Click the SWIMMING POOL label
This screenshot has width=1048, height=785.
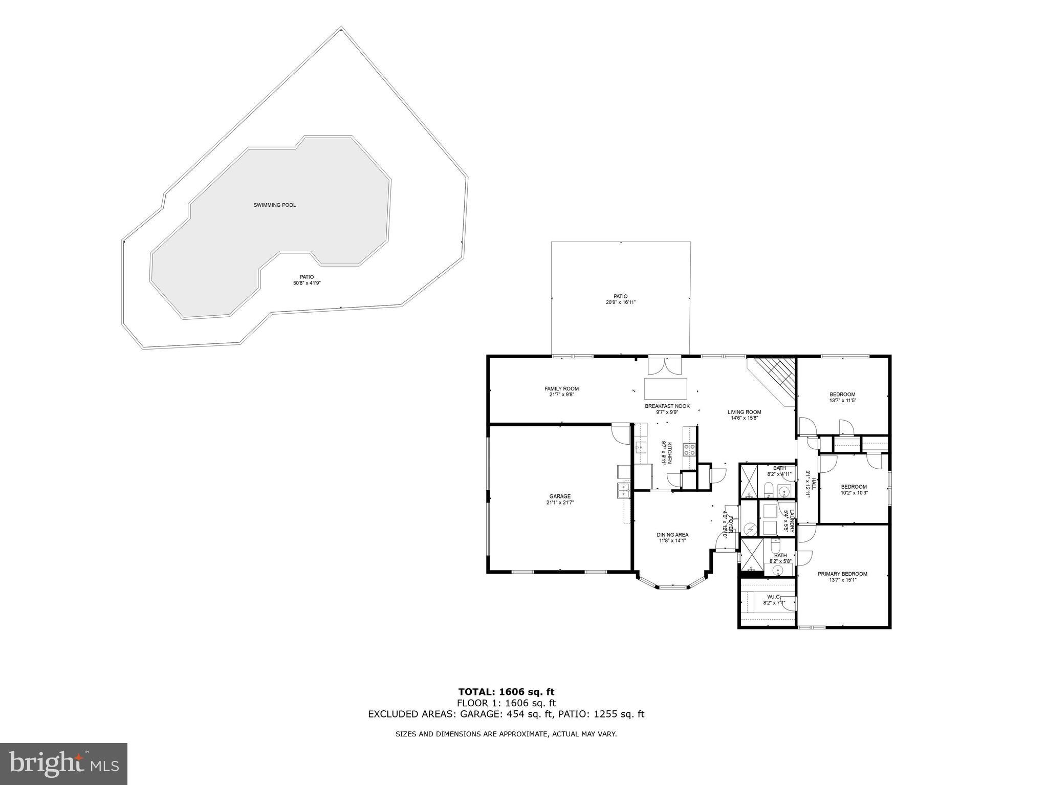274,205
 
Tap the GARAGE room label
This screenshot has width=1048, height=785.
560,496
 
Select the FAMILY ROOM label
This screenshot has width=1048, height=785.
561,389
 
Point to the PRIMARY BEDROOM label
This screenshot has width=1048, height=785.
842,574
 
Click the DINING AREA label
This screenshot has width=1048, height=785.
672,535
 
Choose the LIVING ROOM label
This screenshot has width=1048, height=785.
744,412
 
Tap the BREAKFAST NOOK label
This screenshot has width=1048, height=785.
667,406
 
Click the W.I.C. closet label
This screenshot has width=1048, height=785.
773,597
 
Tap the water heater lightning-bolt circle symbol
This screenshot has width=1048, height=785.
750,528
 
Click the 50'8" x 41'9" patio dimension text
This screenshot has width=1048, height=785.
307,283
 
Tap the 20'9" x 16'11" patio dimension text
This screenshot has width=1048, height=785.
620,302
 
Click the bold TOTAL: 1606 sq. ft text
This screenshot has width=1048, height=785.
506,692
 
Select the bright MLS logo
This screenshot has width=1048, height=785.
63,764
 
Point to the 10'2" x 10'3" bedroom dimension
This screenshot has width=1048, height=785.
854,493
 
